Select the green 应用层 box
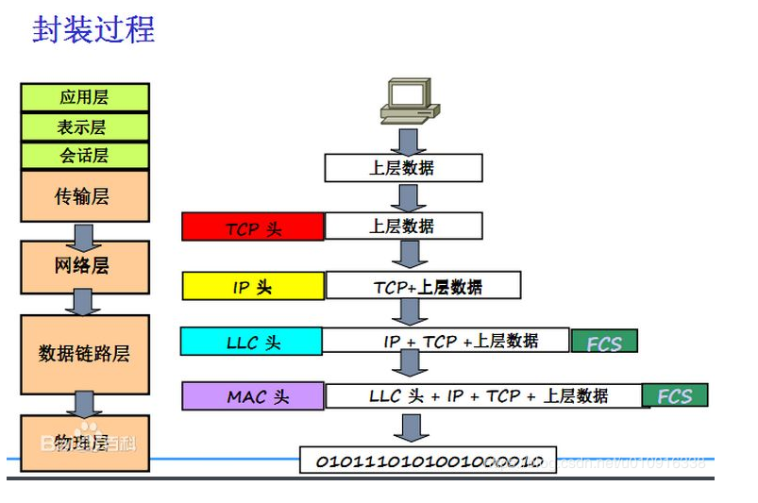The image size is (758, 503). pos(85,97)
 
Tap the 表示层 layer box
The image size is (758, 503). pos(85,127)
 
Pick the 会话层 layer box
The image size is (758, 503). pos(85,156)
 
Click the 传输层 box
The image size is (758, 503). pos(85,196)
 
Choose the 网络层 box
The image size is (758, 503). pos(85,266)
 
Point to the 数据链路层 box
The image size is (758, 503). pos(85,354)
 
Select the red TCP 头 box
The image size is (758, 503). pos(253,227)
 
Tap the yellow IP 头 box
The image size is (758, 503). pos(253,286)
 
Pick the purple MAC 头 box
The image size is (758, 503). pos(253,396)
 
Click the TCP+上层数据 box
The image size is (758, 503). pos(423,286)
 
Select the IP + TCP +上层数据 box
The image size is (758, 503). pos(446,341)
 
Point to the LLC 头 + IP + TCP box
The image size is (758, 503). pos(482,396)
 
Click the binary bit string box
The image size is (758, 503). pos(428,461)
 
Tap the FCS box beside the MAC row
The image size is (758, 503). pos(674,395)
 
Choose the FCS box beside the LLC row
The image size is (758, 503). pos(604,342)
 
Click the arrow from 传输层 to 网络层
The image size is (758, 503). pos(85,233)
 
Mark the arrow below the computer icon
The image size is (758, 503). pos(409,141)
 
